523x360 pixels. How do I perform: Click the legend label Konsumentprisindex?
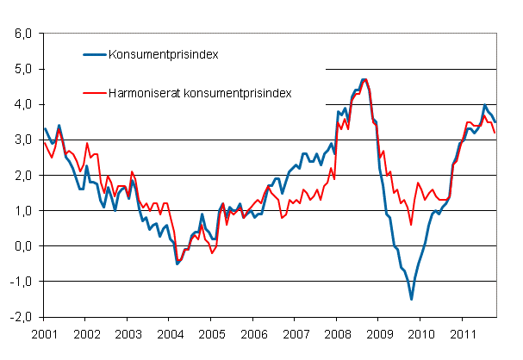point(162,55)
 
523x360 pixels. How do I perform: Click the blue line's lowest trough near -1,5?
point(411,299)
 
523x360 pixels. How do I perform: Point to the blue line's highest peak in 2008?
point(364,79)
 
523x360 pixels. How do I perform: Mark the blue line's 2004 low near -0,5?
point(177,263)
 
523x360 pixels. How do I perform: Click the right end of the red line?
point(495,133)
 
